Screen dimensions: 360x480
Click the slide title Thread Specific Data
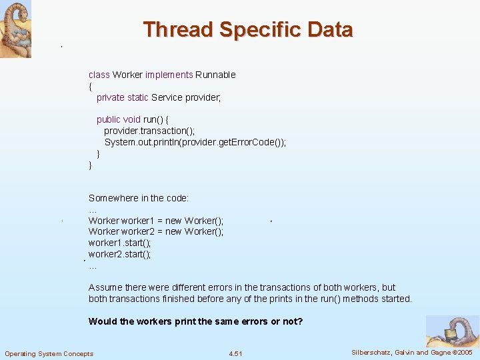point(247,30)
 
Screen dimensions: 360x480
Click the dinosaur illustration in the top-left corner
point(15,29)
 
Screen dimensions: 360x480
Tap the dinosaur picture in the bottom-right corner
point(452,331)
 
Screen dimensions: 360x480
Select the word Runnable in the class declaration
point(215,75)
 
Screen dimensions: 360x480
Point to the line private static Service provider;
point(159,97)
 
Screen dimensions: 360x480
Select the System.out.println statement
point(195,142)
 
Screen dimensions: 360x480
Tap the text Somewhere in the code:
point(139,198)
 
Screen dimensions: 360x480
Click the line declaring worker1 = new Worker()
point(156,221)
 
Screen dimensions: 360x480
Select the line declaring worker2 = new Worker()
point(156,231)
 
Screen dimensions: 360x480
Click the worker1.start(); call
point(119,243)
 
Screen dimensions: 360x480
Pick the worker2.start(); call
point(119,254)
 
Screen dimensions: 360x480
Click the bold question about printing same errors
point(195,321)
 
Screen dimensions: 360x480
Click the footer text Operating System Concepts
point(49,353)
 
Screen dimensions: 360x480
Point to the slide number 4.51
point(235,353)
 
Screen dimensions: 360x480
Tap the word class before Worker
point(99,75)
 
